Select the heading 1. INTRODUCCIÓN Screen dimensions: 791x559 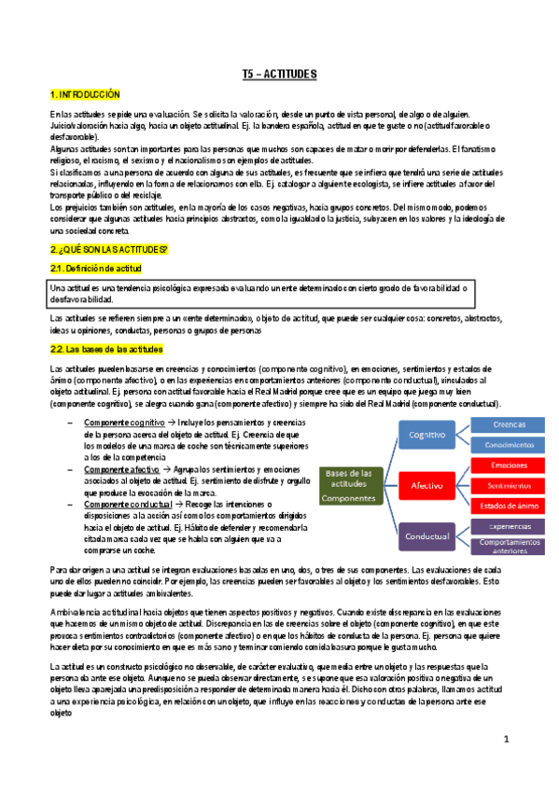point(86,94)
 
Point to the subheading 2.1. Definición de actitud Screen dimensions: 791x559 point(94,269)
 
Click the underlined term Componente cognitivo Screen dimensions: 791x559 point(124,396)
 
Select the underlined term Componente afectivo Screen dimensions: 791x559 point(121,443)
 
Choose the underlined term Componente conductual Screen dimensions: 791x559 point(126,479)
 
